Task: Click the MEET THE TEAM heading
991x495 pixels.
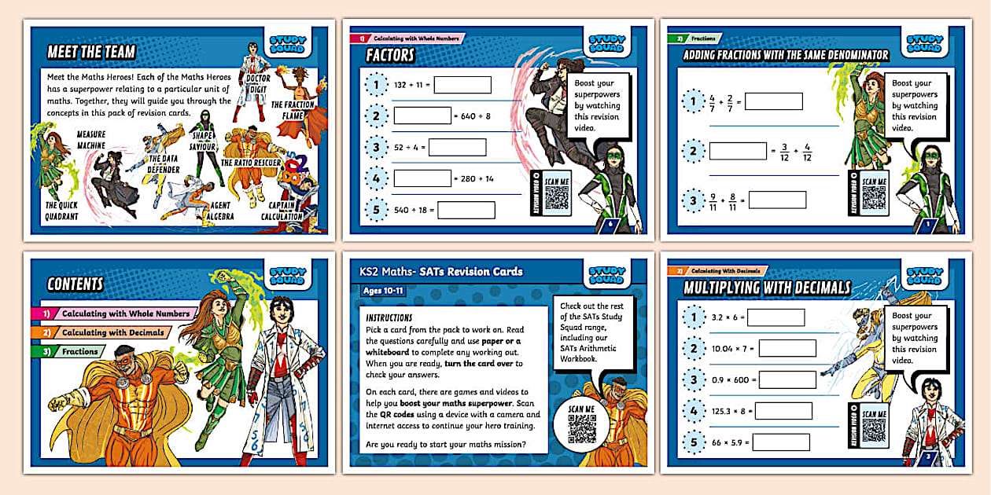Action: pyautogui.click(x=91, y=52)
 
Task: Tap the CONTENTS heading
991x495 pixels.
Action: pyautogui.click(x=76, y=284)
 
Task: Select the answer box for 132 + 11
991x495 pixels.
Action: pyautogui.click(x=462, y=85)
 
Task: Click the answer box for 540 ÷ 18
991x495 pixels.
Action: pyautogui.click(x=466, y=211)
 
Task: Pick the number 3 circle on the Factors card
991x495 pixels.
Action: pyautogui.click(x=377, y=147)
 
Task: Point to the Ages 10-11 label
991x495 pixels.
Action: pyautogui.click(x=387, y=291)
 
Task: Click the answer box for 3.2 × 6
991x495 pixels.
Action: pyautogui.click(x=775, y=317)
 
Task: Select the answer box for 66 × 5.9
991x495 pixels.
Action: pyautogui.click(x=780, y=442)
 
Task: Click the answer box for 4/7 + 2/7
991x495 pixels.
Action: pyautogui.click(x=773, y=101)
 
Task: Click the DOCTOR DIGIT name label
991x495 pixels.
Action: pyautogui.click(x=258, y=83)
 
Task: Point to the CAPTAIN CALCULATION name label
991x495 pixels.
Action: pyautogui.click(x=282, y=211)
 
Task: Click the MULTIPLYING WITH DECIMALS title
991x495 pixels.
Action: pyautogui.click(x=766, y=288)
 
